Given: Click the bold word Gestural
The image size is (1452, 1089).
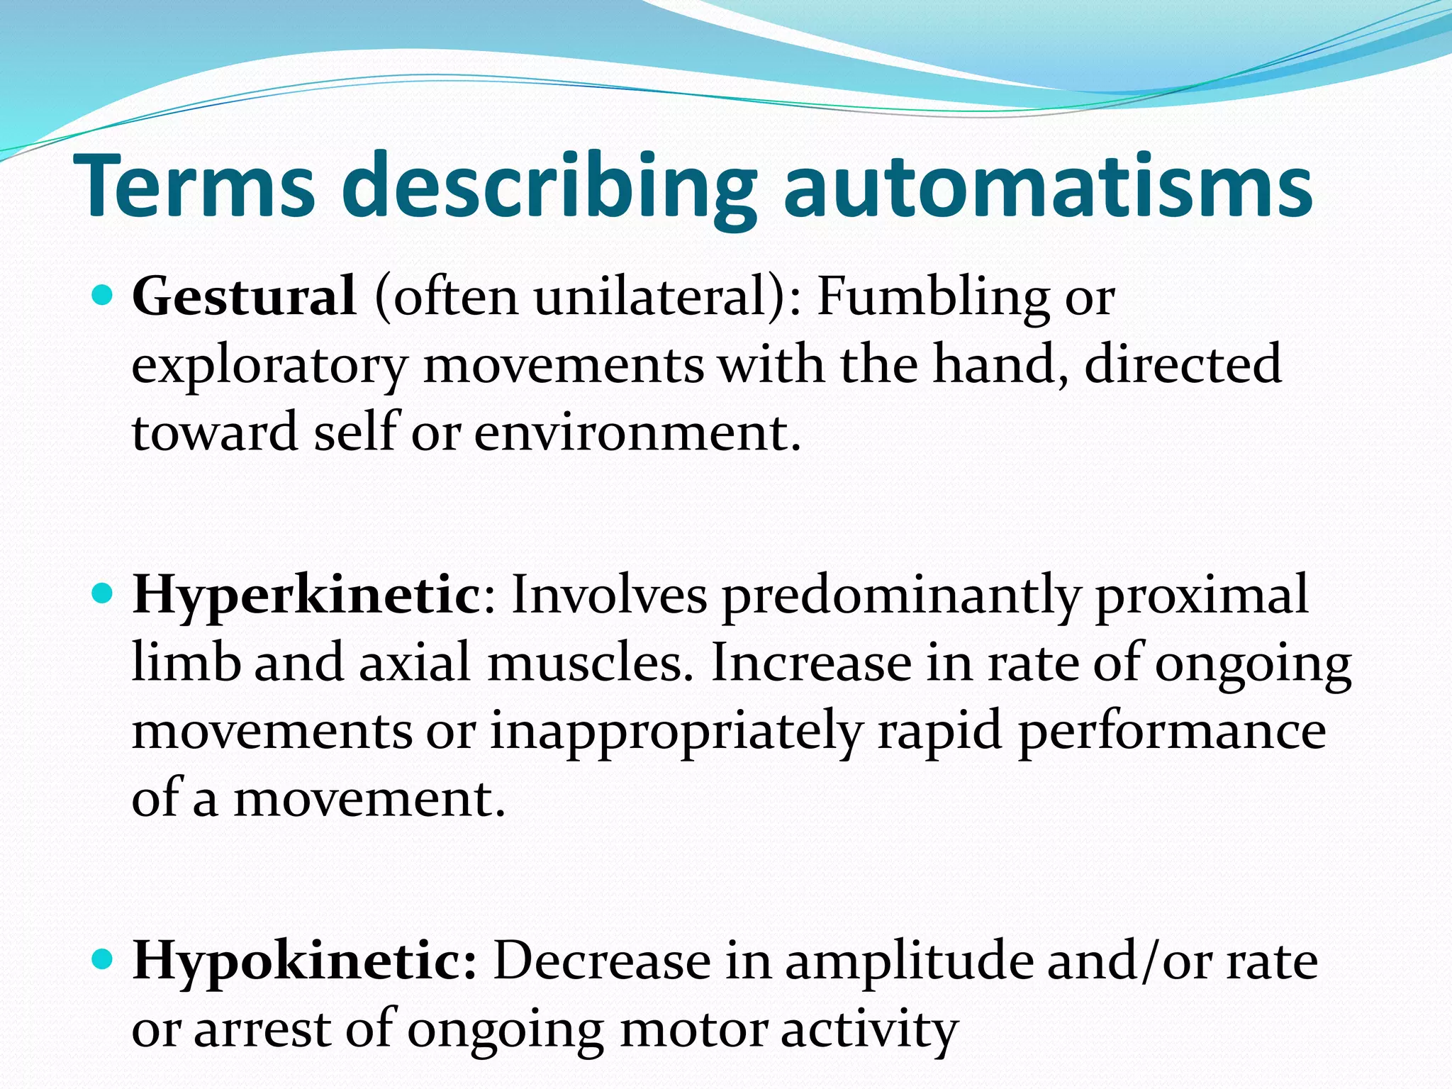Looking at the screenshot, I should [244, 296].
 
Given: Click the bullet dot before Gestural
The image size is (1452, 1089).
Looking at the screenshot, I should [104, 294].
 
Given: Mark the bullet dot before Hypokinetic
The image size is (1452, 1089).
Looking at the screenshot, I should [104, 959].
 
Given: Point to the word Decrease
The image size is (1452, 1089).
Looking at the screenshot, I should [602, 961].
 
